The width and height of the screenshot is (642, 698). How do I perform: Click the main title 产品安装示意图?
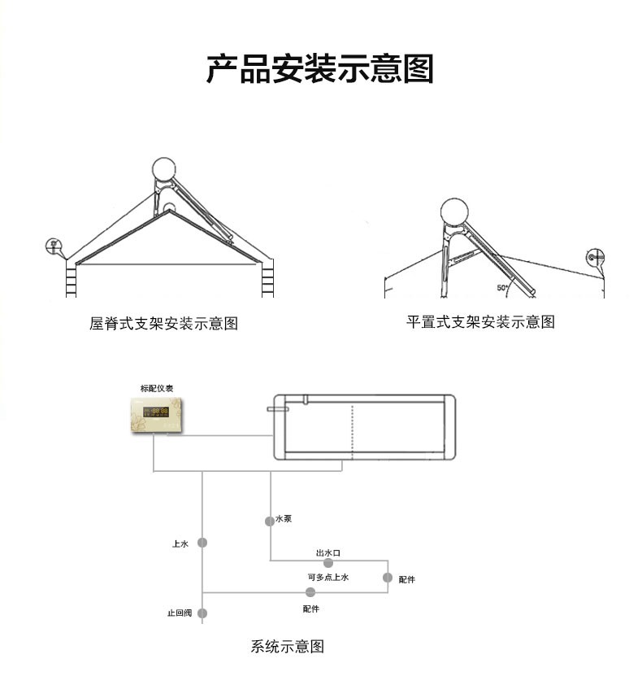(319, 68)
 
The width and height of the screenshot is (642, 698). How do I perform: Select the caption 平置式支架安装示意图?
(480, 321)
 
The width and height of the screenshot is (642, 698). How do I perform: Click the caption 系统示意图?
(288, 647)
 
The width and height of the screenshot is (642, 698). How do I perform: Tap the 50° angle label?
(502, 287)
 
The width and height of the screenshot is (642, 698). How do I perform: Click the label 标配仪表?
(155, 388)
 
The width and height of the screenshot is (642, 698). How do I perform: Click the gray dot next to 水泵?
(270, 521)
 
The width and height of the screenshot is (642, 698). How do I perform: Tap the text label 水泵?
(284, 518)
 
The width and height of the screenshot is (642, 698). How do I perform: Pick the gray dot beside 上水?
(203, 543)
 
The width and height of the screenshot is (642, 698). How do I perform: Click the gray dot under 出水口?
(328, 563)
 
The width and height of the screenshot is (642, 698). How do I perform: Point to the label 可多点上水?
(328, 577)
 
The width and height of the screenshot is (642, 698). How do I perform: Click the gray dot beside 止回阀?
(202, 613)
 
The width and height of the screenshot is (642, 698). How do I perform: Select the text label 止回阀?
(179, 613)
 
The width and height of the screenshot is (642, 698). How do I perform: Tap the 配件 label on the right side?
(407, 579)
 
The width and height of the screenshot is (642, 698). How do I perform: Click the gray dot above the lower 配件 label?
(310, 591)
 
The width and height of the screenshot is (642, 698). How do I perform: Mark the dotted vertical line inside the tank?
(352, 431)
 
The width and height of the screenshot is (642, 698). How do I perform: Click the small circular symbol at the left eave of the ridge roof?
(54, 244)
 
